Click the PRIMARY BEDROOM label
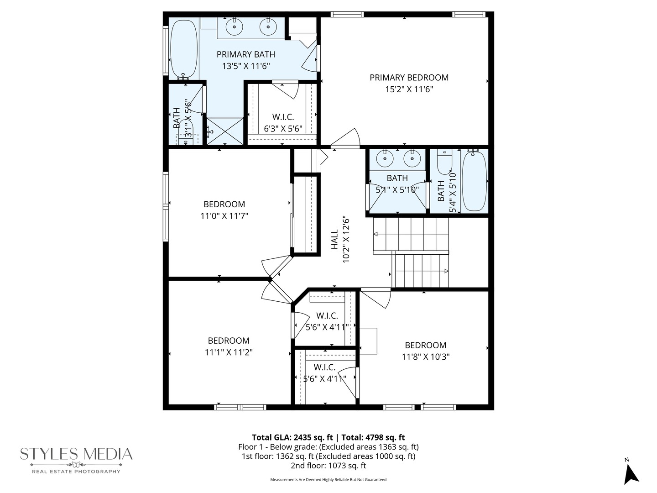pos(409,78)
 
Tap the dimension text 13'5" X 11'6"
pos(246,66)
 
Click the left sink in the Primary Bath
pos(234,27)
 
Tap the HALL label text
pos(335,239)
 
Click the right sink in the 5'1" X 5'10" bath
pos(412,158)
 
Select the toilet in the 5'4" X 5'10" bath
pos(444,161)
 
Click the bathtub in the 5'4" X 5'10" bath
pos(474,181)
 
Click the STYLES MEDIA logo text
pos(76,454)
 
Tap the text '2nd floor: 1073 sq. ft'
pos(328,466)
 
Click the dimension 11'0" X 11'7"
pos(224,216)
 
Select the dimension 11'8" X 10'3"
pos(425,357)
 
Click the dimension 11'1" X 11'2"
pos(229,352)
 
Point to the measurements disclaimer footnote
pos(328,480)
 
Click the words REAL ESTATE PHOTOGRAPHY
pos(76,472)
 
